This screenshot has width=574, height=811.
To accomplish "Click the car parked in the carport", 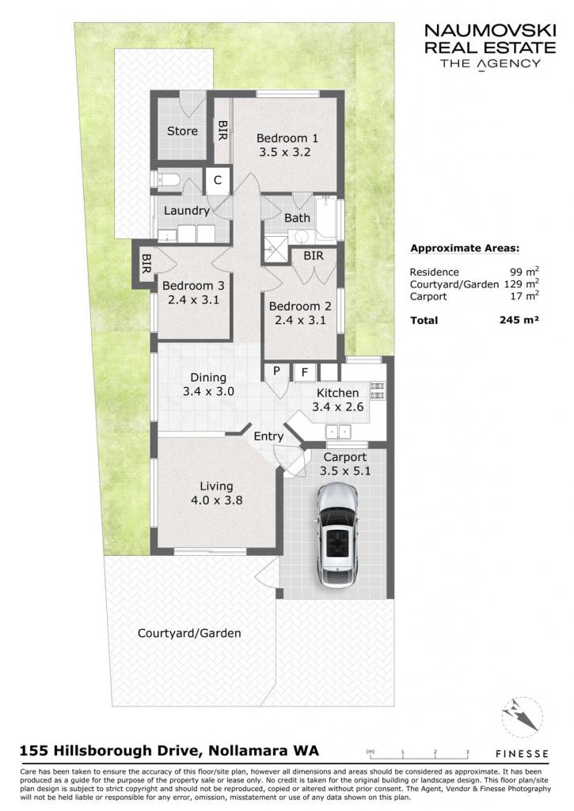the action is [x=336, y=535].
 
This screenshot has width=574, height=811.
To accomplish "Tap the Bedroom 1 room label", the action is [x=287, y=138].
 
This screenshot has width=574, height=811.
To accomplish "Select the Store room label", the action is [x=182, y=131].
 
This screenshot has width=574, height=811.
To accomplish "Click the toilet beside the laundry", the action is [x=165, y=180].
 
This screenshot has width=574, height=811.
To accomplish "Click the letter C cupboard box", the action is [x=218, y=180].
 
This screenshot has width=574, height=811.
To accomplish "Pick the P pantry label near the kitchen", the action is [x=276, y=371].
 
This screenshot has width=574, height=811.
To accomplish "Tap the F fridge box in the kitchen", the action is [x=305, y=372].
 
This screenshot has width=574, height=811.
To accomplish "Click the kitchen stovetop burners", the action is [x=378, y=390].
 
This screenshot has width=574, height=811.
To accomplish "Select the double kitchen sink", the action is [x=338, y=431].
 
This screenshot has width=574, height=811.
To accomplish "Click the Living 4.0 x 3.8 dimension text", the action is [x=216, y=501].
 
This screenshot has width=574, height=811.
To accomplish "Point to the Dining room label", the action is [x=208, y=378].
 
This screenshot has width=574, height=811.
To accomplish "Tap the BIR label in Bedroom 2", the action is [x=314, y=256].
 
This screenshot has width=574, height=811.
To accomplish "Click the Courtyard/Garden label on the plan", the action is [x=189, y=633].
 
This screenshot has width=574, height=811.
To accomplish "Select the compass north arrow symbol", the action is [x=523, y=716].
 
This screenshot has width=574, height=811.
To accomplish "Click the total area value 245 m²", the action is [x=519, y=320].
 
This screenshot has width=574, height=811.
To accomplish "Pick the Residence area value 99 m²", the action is [x=525, y=272].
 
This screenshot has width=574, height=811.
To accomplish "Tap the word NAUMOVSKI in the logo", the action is [x=490, y=31].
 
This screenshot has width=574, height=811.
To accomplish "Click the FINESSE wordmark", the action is [x=522, y=754].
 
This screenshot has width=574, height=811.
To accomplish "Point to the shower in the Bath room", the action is [x=275, y=249].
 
